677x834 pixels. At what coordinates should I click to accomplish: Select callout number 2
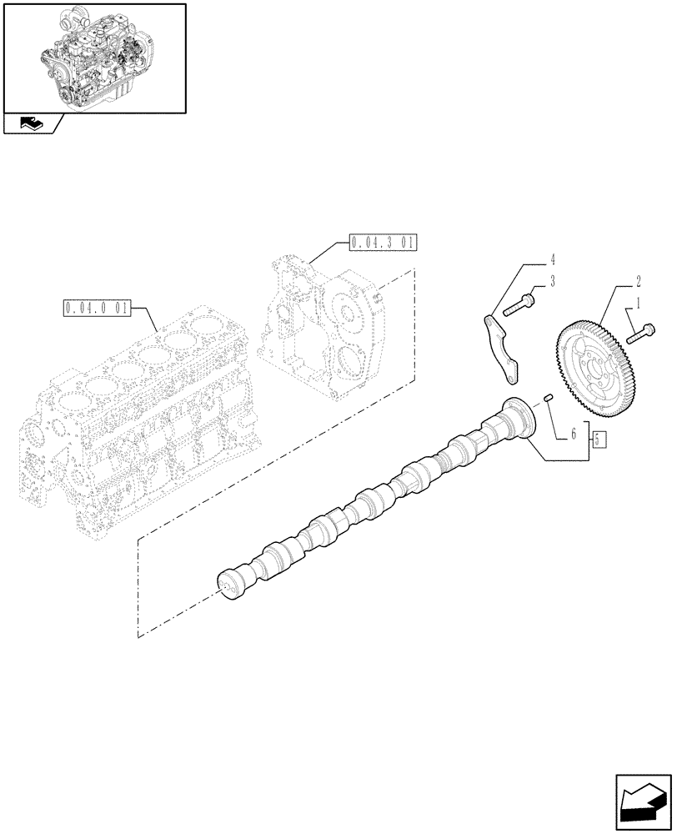[638, 281]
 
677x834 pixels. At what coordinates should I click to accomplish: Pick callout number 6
[574, 434]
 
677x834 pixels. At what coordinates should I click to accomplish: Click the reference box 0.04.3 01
[382, 243]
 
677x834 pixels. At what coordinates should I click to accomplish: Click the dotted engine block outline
[133, 417]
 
